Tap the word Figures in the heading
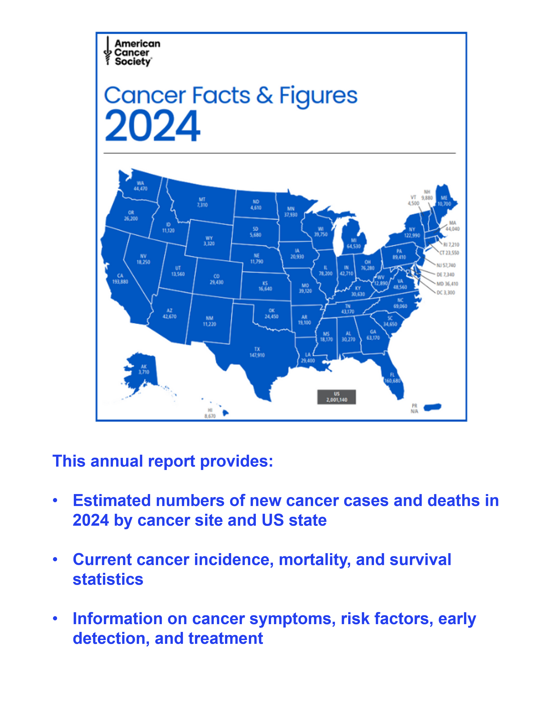click(x=318, y=96)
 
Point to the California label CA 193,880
click(x=120, y=279)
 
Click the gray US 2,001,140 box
click(x=337, y=397)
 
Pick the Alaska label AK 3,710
click(x=144, y=369)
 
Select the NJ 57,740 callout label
click(x=446, y=266)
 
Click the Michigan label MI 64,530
click(x=354, y=243)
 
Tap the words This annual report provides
click(x=163, y=461)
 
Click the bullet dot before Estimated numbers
click(x=55, y=500)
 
